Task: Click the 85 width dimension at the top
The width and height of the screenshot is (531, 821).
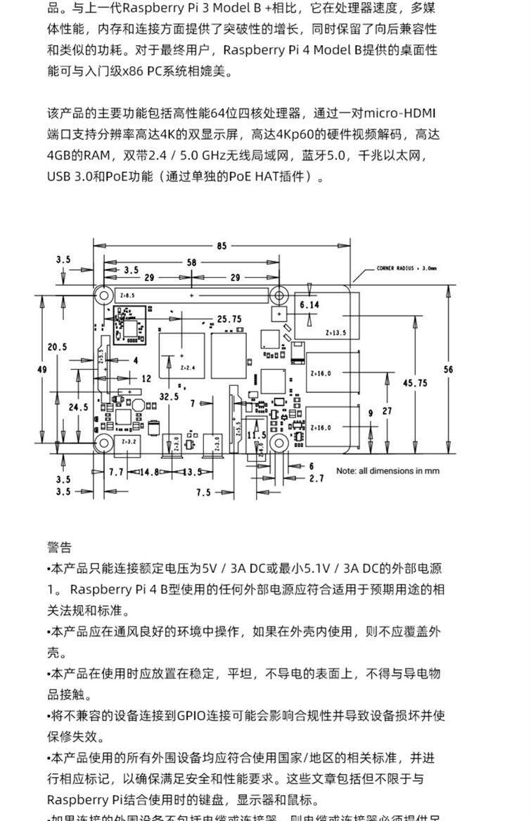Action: click(222, 246)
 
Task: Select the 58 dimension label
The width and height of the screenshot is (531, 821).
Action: click(191, 262)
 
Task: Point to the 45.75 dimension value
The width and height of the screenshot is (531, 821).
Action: click(414, 382)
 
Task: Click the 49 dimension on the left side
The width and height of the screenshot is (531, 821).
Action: click(41, 370)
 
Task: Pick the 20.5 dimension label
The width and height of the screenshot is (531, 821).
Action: click(57, 347)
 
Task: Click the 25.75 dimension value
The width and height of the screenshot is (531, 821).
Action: click(229, 318)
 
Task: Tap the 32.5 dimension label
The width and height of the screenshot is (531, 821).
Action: click(169, 396)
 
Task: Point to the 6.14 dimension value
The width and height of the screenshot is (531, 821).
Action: click(309, 304)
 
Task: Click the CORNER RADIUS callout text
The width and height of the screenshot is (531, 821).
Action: click(407, 268)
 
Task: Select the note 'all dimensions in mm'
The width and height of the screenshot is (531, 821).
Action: click(388, 471)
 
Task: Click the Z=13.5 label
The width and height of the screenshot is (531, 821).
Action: click(336, 332)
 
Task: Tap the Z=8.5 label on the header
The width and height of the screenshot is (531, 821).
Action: click(127, 295)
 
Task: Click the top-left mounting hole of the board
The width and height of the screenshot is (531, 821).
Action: click(103, 295)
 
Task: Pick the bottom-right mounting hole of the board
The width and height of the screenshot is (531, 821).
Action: click(279, 444)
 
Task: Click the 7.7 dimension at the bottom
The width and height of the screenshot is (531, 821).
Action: click(117, 472)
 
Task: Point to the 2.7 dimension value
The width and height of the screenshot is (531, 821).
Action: click(316, 479)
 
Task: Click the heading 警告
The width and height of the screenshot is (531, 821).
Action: click(59, 548)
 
